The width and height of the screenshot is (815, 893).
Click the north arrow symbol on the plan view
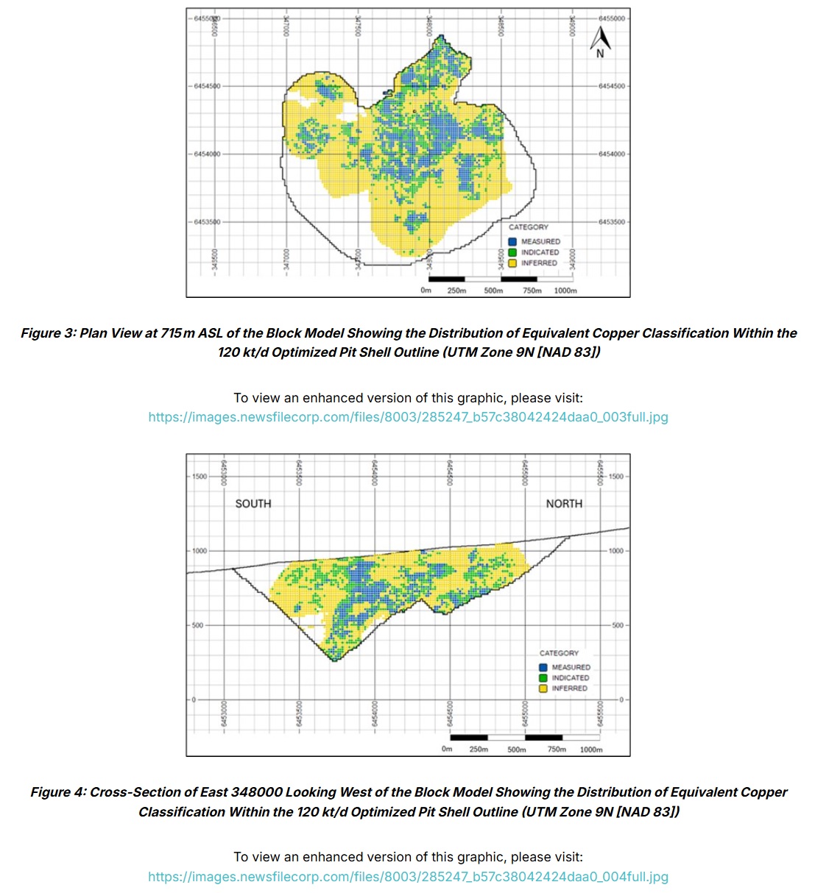pos(600,42)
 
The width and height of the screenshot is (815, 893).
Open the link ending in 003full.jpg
pos(408,417)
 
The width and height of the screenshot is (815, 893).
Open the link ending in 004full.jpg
pos(408,877)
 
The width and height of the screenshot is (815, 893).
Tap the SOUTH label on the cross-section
pos(253,504)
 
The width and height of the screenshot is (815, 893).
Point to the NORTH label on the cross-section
pos(564,504)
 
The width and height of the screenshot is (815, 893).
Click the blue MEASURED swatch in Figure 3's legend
pos(512,241)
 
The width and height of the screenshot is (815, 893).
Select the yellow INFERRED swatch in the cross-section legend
pos(543,689)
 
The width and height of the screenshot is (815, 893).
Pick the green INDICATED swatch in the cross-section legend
pos(543,677)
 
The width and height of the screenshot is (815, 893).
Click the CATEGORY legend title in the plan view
pos(529,227)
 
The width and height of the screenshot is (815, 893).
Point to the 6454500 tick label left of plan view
pos(206,86)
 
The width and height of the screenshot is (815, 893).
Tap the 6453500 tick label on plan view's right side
pos(611,221)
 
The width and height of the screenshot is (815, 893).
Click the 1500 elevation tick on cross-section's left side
pos(200,477)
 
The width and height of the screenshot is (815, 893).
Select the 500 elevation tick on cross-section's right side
pos(616,625)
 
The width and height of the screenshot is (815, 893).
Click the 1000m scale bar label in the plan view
pos(565,291)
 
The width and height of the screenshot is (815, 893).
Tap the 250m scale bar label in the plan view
pos(456,291)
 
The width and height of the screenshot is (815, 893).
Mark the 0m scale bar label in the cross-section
pos(447,750)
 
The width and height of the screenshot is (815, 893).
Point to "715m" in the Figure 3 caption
pos(178,333)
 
